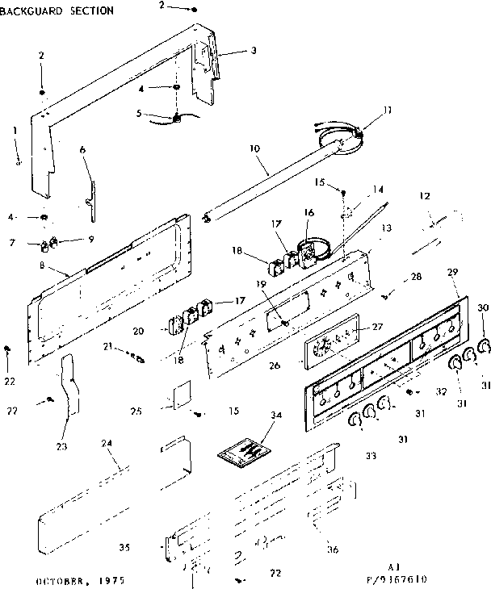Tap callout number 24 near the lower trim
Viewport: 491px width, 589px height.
point(107,443)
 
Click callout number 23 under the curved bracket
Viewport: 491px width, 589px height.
point(61,445)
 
